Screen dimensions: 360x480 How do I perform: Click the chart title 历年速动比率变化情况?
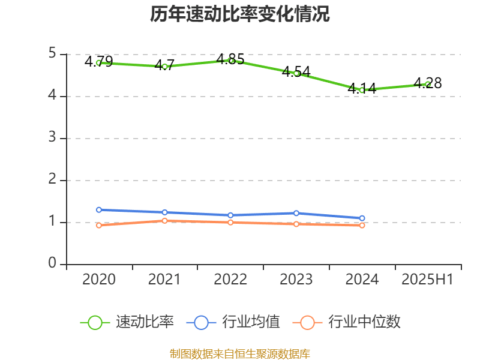click(x=240, y=14)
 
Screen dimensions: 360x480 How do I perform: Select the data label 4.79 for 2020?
click(x=98, y=62)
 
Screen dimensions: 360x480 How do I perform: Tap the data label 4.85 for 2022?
click(x=230, y=59)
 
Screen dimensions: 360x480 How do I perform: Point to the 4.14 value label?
click(x=362, y=89)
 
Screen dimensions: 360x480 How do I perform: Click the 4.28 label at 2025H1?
click(x=428, y=83)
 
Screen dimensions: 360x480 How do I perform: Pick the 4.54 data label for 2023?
click(x=296, y=72)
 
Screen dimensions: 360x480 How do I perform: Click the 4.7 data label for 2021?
click(x=164, y=65)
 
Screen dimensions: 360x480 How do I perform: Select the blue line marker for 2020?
click(x=99, y=210)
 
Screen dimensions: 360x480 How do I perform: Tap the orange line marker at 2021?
click(x=164, y=221)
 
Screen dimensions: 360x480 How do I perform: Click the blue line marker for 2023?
click(x=296, y=213)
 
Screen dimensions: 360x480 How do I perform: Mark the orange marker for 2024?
click(x=362, y=226)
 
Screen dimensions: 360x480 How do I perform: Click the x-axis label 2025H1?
click(x=428, y=280)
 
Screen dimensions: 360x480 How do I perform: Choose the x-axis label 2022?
click(x=230, y=280)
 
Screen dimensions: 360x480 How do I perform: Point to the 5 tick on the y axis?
click(x=52, y=54)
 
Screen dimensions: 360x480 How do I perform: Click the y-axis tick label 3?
click(x=52, y=138)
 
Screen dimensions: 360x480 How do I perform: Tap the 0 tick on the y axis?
click(x=52, y=264)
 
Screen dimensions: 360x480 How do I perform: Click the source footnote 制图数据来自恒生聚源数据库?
click(x=240, y=353)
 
